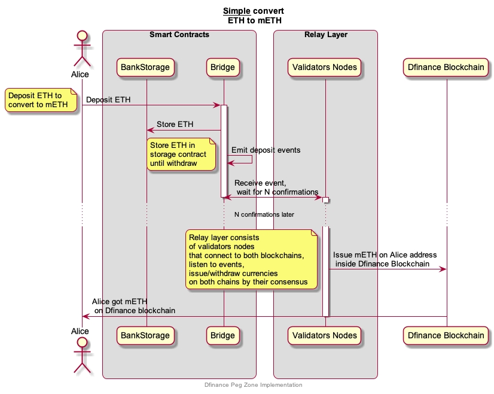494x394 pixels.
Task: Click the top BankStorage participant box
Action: [146, 67]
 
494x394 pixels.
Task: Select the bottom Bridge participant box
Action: [223, 335]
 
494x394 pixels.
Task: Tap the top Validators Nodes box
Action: [325, 67]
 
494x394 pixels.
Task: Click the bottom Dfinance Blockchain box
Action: [446, 335]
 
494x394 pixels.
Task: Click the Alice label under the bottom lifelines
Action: [80, 331]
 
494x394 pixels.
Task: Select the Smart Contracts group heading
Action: [179, 35]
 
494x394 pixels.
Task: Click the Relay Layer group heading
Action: [326, 35]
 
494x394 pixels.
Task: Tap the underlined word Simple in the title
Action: [236, 11]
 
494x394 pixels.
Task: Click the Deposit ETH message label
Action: [108, 99]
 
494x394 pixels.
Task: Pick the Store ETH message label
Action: [175, 125]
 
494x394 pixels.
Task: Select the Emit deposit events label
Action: [266, 150]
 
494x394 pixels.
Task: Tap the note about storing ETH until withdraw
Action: [181, 154]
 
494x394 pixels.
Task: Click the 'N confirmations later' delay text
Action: [264, 214]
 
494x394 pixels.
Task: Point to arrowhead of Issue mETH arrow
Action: [443, 269]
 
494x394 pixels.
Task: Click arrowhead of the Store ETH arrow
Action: [150, 130]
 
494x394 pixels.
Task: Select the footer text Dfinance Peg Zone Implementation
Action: [253, 385]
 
